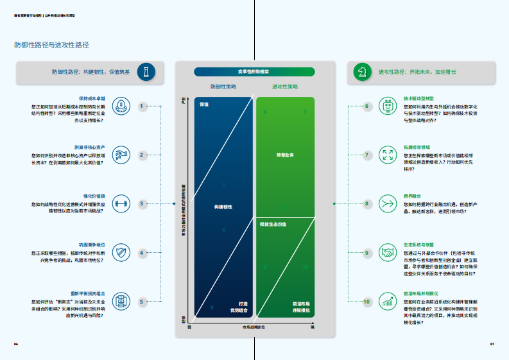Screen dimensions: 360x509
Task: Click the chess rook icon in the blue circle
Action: [x=147, y=72]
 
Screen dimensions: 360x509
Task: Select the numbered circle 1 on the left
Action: [x=142, y=106]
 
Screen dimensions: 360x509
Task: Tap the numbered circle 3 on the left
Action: [x=142, y=204]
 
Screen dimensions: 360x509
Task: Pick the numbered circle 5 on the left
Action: [x=142, y=302]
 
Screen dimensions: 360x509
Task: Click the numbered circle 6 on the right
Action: [x=367, y=106]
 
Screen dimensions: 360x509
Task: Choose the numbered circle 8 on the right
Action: [x=367, y=204]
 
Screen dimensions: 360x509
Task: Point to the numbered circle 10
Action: [x=367, y=302]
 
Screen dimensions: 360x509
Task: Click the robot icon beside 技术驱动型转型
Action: [x=388, y=106]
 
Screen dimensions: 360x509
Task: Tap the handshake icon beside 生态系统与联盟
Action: [x=388, y=252]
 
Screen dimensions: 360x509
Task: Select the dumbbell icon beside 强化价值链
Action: [x=121, y=204]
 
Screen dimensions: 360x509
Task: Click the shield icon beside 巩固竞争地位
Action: [x=121, y=253]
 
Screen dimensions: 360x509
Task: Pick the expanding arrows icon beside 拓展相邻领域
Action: [x=388, y=155]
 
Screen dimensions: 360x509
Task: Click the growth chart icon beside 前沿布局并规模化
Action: [x=388, y=302]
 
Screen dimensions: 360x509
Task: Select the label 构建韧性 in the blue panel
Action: [x=223, y=207]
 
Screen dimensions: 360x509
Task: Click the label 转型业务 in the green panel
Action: [x=285, y=155]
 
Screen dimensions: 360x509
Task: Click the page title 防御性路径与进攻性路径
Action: [x=51, y=45]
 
